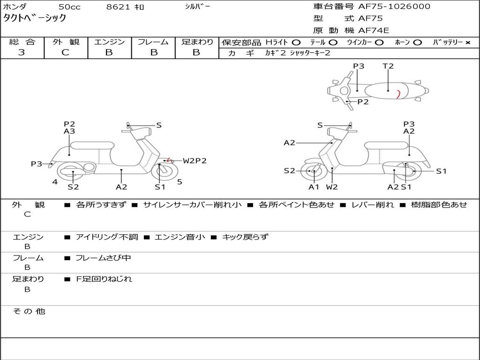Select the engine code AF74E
tap(373, 30)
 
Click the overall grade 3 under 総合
tap(22, 52)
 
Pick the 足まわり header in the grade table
tap(197, 42)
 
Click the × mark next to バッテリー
tap(467, 43)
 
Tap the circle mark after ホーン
tap(417, 43)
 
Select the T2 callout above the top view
tap(388, 66)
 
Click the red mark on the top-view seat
tap(397, 94)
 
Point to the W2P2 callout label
tap(195, 161)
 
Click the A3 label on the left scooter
tap(69, 132)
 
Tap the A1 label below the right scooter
tap(314, 187)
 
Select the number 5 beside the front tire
tap(180, 182)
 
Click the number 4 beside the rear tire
tap(55, 182)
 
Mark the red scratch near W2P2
tap(170, 160)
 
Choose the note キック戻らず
tap(245, 237)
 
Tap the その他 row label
tap(29, 311)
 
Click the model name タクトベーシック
tap(35, 18)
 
